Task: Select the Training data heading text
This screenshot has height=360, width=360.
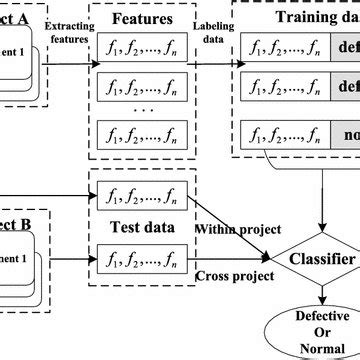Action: click(304, 18)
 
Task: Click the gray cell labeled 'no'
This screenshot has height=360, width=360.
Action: click(346, 135)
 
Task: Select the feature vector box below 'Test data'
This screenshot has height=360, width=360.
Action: click(143, 257)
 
